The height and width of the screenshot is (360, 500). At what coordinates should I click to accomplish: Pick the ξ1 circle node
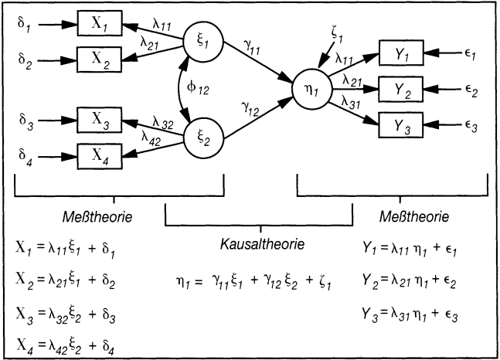click(x=205, y=42)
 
